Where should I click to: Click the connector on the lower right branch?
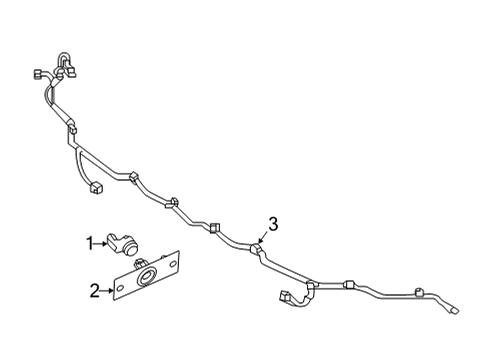tap(284, 297)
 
